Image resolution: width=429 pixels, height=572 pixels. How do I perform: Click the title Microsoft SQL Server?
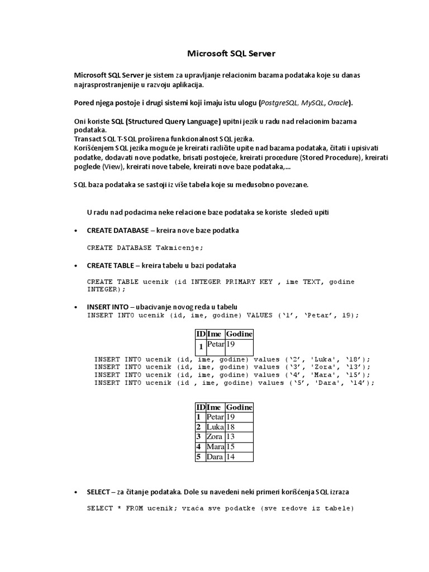coord(231,54)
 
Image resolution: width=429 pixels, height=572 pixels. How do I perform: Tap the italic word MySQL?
coord(313,103)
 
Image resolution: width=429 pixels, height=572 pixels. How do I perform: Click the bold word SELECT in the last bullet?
coord(98,492)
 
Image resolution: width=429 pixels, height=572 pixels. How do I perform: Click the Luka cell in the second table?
coord(215,427)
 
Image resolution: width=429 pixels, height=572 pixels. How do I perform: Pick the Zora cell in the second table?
coord(215,436)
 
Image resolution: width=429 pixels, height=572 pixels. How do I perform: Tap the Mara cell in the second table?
coord(215,446)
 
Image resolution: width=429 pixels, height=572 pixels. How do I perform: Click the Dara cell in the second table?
coord(215,456)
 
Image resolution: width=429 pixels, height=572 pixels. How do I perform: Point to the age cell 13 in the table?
coord(231,436)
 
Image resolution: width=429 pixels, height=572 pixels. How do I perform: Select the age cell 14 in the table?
coord(231,456)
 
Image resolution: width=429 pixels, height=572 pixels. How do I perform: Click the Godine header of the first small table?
coord(239,333)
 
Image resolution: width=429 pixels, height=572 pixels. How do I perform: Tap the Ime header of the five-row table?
coord(215,407)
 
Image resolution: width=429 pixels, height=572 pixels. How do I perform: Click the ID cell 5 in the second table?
coord(198,456)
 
